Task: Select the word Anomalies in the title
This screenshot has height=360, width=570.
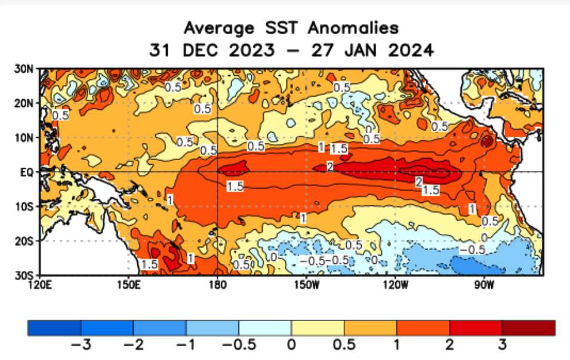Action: coord(344,28)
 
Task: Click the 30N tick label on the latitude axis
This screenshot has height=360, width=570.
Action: coord(24,69)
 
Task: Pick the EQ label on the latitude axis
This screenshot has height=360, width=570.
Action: coord(27,172)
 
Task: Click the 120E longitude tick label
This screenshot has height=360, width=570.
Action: coord(41,284)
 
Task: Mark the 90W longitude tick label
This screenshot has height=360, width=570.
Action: coord(483,284)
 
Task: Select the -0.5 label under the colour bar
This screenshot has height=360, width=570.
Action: coord(238,345)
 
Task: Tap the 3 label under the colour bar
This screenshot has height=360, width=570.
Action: coord(502,345)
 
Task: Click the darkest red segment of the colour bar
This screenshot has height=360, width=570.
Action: coord(528,328)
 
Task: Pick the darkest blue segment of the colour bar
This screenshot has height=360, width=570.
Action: coord(54,328)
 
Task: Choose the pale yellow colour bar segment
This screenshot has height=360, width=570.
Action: coord(318,328)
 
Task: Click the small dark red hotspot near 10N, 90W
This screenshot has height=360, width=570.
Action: coord(487,141)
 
